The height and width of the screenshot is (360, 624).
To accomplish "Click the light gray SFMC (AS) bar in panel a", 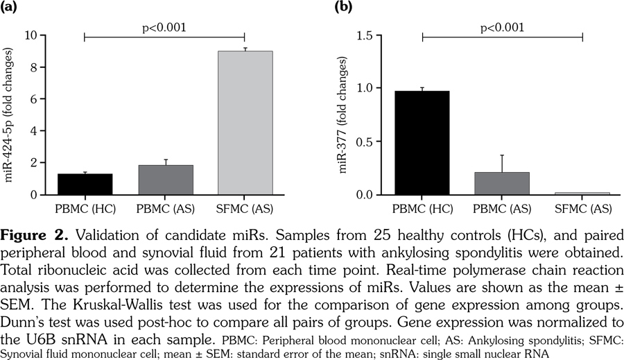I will coord(245,123).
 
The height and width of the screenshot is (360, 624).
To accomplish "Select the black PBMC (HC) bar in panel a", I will coord(84,185).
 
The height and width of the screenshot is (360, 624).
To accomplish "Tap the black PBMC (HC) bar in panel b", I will coord(422,143).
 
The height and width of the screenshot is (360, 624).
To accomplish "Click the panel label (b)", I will coord(344,8).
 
